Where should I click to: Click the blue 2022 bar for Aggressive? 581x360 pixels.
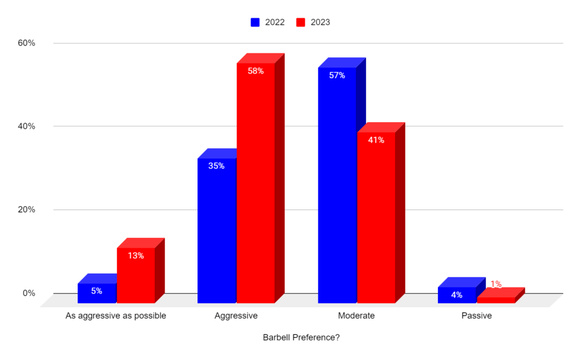tap(217, 230)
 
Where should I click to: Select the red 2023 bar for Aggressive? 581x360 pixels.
tap(255, 182)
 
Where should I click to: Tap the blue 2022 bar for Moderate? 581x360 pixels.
tap(337, 185)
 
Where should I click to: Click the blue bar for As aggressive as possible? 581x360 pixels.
tap(96, 293)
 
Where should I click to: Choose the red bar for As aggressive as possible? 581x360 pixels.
tap(136, 275)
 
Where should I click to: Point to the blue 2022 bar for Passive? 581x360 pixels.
tap(457, 295)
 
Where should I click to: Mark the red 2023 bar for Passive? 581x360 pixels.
tap(496, 300)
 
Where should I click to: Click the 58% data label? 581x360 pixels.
tap(255, 71)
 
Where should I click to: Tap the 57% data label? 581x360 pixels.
tap(337, 75)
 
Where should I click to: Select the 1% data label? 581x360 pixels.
tap(496, 284)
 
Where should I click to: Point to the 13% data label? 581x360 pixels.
tap(136, 256)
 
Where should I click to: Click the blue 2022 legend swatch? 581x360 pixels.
tap(256, 23)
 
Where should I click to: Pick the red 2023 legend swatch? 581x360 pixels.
tap(301, 23)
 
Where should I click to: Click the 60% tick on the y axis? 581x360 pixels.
tap(28, 43)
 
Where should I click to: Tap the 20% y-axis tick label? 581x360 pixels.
tap(28, 210)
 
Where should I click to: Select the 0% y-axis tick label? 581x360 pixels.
tap(30, 293)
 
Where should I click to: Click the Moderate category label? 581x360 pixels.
tap(356, 315)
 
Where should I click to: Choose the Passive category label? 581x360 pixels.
tap(477, 315)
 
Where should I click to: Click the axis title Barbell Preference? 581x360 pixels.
tap(301, 337)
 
